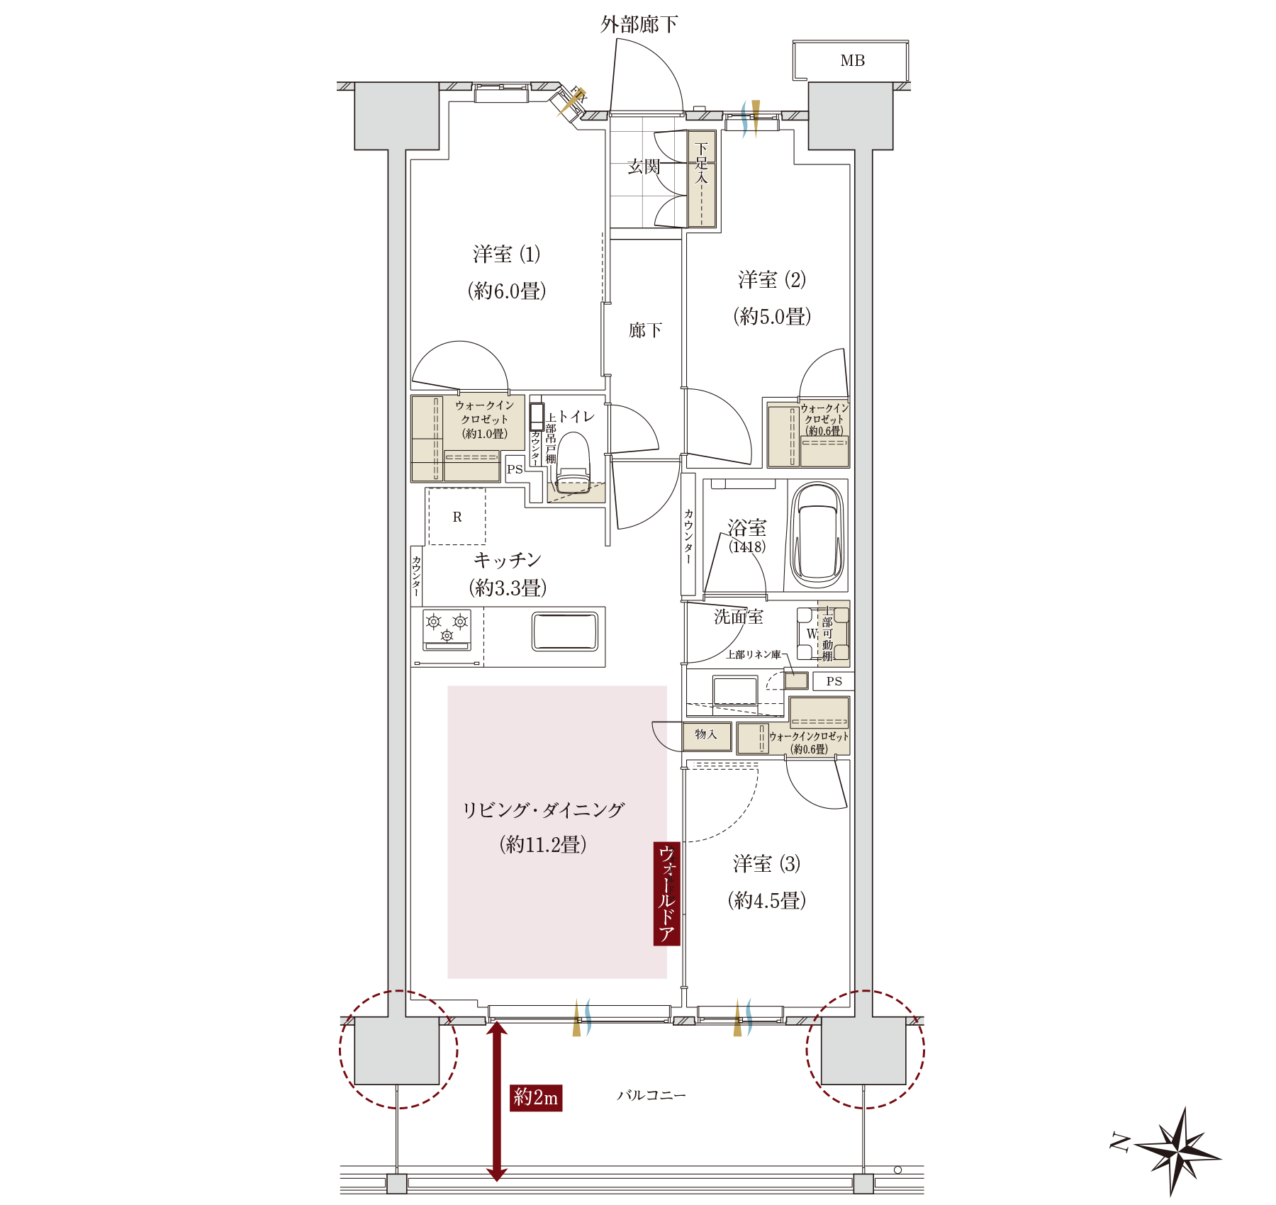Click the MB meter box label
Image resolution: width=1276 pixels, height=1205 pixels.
tap(852, 61)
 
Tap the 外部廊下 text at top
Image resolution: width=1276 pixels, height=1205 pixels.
tap(639, 25)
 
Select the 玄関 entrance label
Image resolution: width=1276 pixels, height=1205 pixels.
tap(644, 167)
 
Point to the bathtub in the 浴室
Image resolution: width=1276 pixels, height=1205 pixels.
tap(818, 533)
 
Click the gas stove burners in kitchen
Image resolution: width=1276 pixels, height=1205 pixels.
tap(447, 629)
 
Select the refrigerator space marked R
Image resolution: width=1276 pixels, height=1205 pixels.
tap(457, 517)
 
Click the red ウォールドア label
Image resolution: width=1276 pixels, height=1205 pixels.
tap(666, 894)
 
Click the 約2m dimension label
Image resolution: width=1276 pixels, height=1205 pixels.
tap(536, 1097)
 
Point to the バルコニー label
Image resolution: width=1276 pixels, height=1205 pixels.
tap(651, 1095)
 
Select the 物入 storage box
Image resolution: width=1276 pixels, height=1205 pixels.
tap(706, 735)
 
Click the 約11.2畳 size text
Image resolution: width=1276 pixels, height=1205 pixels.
tap(543, 844)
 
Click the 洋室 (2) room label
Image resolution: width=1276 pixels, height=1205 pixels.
tap(772, 280)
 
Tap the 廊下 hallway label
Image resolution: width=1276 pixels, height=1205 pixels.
tap(645, 330)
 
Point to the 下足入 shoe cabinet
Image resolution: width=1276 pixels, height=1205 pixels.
tap(702, 179)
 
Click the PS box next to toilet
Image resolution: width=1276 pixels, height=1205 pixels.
tap(515, 469)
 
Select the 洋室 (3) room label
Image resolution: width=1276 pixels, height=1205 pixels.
tap(766, 864)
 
